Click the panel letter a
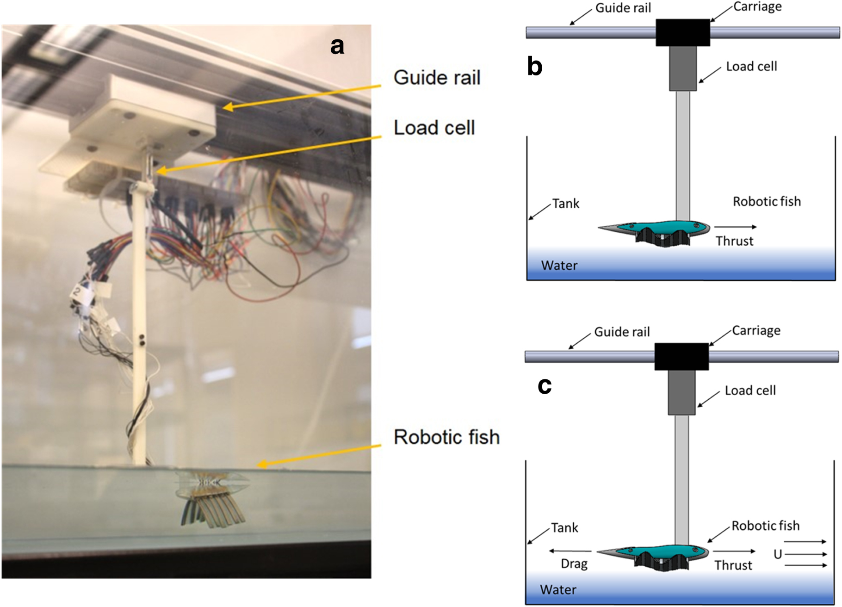[x=337, y=46]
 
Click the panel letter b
[x=535, y=67]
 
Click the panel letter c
[x=545, y=386]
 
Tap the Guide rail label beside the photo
[x=437, y=78]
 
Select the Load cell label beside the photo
[x=434, y=128]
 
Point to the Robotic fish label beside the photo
[x=446, y=437]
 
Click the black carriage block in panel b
[x=682, y=32]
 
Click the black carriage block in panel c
[x=681, y=357]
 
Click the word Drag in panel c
[x=574, y=564]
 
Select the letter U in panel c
[x=778, y=554]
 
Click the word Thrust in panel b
[x=734, y=241]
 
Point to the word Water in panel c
[x=558, y=590]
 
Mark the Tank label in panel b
[x=565, y=204]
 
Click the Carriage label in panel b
[x=757, y=7]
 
